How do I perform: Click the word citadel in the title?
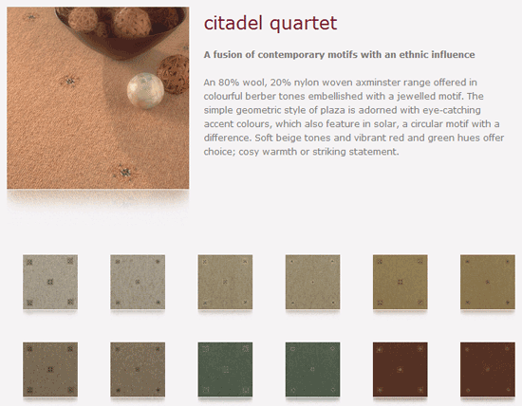233,24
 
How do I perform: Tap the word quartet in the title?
304,25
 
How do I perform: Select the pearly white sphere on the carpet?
145,90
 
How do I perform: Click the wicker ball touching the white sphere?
173,74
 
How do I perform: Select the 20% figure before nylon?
280,83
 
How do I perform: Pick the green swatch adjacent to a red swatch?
312,369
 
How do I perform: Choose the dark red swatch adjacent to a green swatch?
401,369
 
